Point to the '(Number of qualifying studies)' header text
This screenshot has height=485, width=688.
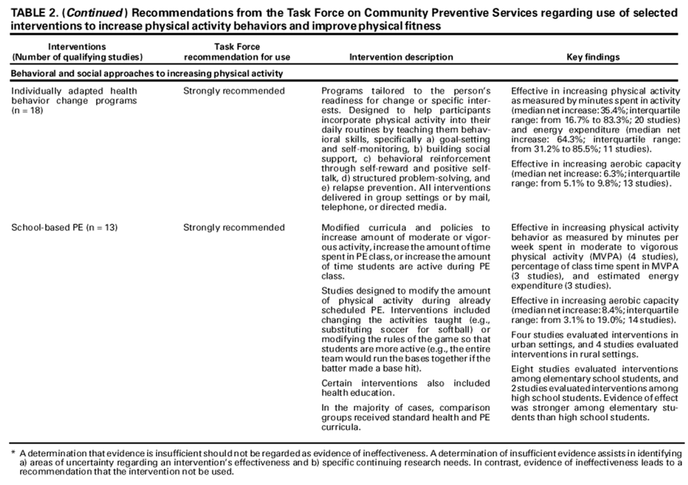tap(78, 56)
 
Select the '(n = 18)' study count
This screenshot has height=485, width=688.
tap(29, 109)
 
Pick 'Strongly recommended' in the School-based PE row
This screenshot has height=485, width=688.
tap(234, 227)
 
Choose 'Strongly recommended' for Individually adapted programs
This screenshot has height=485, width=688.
tap(234, 91)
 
